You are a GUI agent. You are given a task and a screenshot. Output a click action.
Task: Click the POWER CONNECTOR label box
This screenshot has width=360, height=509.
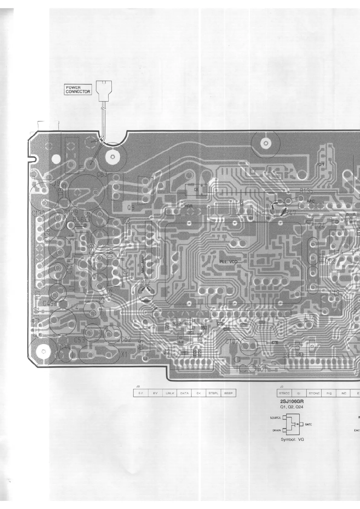(x=78, y=89)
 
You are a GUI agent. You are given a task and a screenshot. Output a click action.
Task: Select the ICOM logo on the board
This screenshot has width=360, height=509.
(x=251, y=368)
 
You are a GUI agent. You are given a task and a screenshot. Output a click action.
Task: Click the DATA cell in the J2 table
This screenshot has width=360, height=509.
(x=184, y=393)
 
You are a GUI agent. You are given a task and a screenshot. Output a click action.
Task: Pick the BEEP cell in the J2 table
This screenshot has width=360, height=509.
(x=228, y=393)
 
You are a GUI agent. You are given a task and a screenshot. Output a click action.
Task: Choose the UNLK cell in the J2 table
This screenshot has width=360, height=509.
(x=170, y=393)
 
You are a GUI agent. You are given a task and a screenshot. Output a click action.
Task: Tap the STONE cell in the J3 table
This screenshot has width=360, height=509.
(x=314, y=393)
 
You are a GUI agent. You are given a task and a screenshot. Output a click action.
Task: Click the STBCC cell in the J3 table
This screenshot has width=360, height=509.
(x=284, y=393)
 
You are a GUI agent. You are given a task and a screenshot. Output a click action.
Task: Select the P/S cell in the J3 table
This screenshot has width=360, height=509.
(x=329, y=393)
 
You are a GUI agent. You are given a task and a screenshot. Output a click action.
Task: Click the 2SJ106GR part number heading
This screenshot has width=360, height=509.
(x=292, y=401)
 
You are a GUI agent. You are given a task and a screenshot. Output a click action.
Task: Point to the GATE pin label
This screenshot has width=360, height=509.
(x=308, y=424)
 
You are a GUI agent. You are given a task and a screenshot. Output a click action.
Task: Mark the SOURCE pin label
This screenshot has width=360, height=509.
(x=275, y=418)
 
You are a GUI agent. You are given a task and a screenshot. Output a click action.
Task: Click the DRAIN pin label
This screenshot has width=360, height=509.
(x=277, y=430)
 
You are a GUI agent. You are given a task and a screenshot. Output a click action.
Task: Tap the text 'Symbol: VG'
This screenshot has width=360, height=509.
(x=292, y=439)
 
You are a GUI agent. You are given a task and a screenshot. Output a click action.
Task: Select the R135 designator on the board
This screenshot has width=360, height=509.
(x=306, y=191)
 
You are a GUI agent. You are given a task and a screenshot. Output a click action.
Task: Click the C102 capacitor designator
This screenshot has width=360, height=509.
(x=232, y=342)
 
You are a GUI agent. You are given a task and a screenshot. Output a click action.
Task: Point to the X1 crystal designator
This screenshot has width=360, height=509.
(x=124, y=355)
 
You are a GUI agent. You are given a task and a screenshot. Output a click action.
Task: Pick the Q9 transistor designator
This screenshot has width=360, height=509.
(x=131, y=208)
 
